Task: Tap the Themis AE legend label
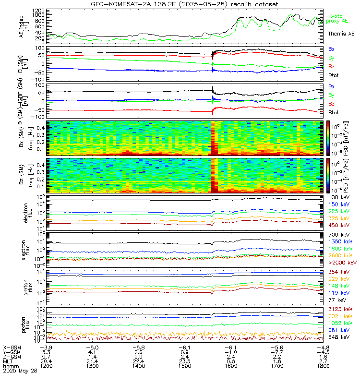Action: click(341, 34)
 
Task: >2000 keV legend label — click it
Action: click(341, 263)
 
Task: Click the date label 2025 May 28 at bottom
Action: click(20, 371)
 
